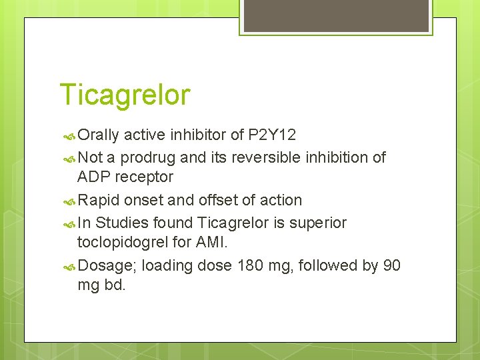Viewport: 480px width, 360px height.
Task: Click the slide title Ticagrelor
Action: coord(125,95)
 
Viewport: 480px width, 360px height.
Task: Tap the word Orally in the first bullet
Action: coord(98,135)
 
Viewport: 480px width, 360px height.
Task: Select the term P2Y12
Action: coord(272,135)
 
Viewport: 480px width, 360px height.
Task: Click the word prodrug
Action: coord(149,158)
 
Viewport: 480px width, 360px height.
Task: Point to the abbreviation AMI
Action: coord(211,242)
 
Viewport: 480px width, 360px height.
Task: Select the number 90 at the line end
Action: coord(392,265)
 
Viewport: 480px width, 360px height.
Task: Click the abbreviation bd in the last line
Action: coord(114,285)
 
